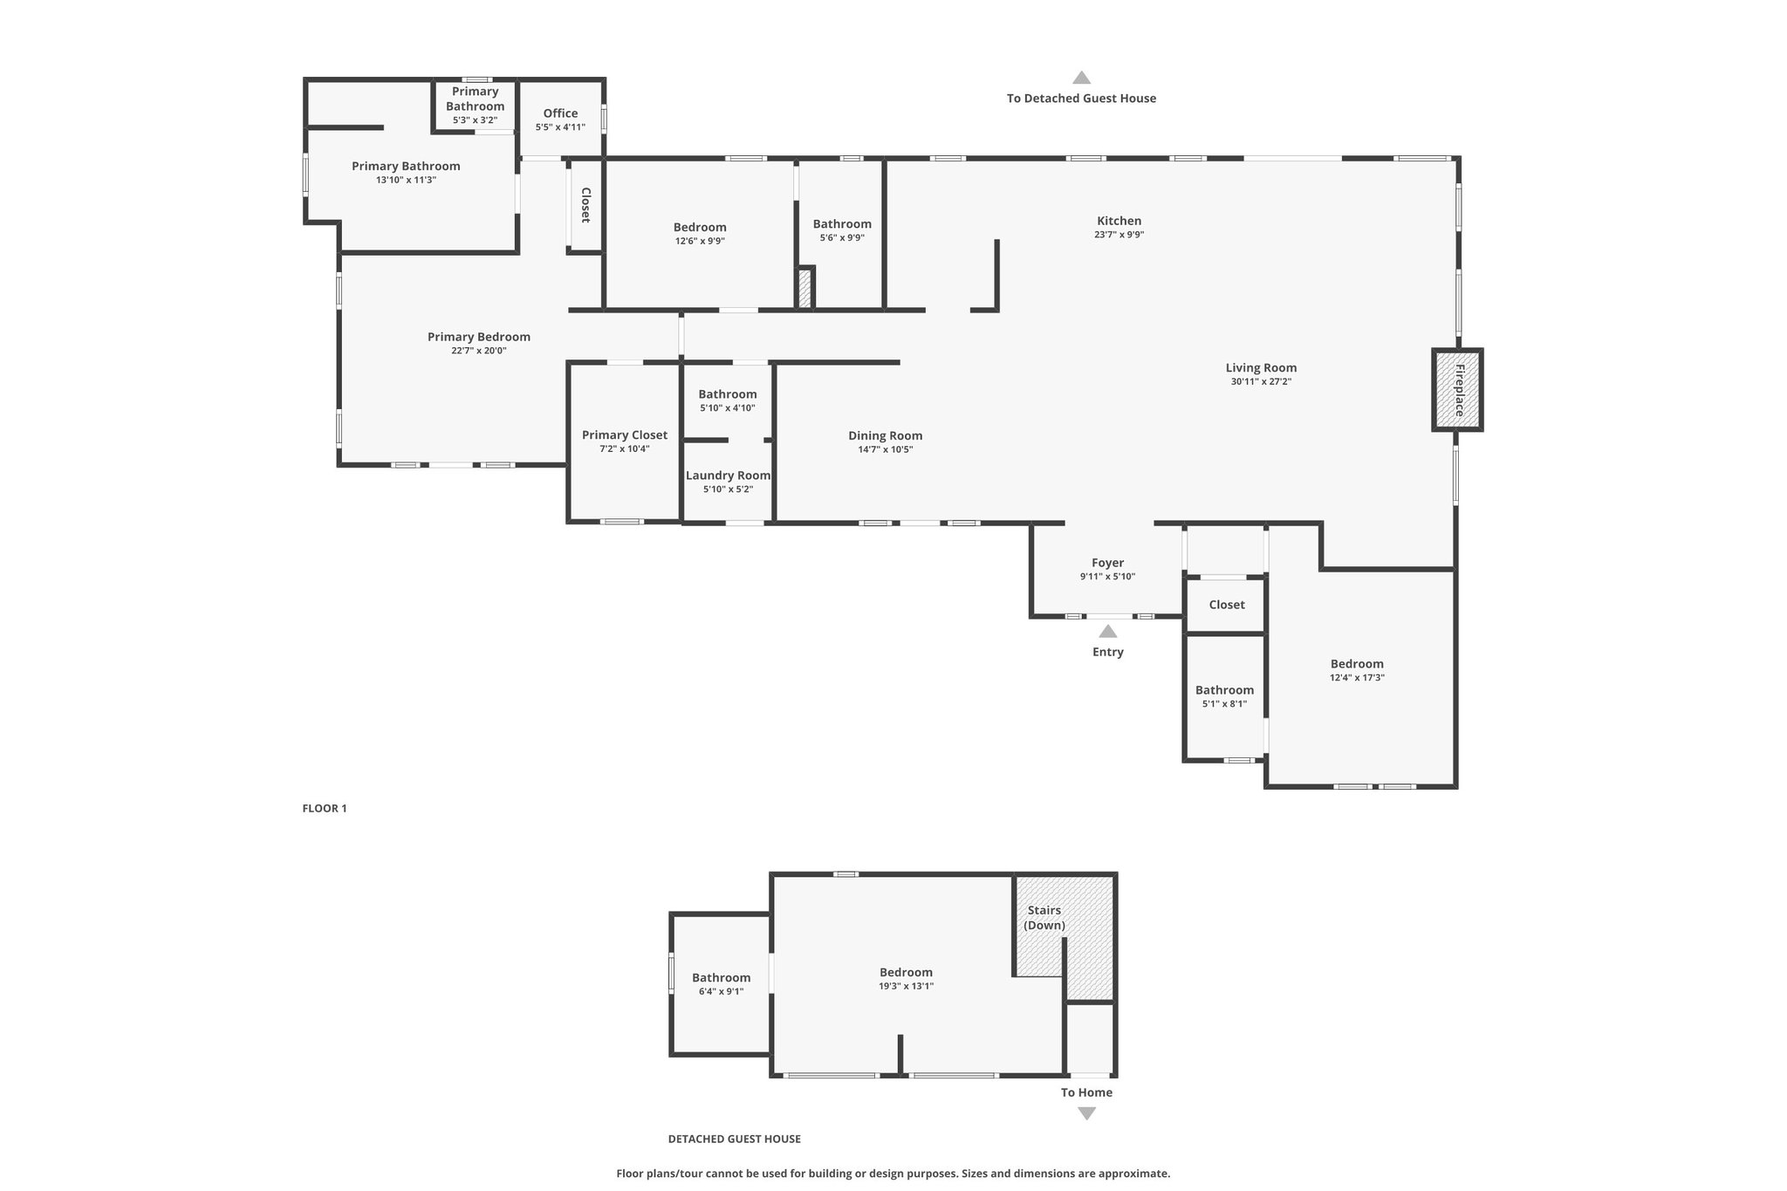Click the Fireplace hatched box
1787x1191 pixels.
pyautogui.click(x=1457, y=389)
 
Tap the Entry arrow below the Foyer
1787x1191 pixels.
pyautogui.click(x=1107, y=632)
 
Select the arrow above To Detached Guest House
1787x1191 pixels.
pyautogui.click(x=1082, y=78)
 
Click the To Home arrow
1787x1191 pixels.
pyautogui.click(x=1086, y=1113)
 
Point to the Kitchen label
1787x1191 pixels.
pyautogui.click(x=1119, y=221)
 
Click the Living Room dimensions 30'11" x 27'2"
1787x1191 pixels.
pyautogui.click(x=1261, y=381)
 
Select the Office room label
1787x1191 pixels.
pyautogui.click(x=560, y=113)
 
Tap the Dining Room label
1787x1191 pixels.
pyautogui.click(x=886, y=435)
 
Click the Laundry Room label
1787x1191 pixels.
pyautogui.click(x=728, y=476)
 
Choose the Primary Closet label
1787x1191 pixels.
pyautogui.click(x=625, y=435)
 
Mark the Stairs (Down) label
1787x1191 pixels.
pyautogui.click(x=1044, y=917)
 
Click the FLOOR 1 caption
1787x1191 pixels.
pyautogui.click(x=325, y=808)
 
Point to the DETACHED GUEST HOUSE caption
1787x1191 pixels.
pyautogui.click(x=735, y=1139)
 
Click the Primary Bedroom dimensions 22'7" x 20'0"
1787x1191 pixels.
pyautogui.click(x=479, y=351)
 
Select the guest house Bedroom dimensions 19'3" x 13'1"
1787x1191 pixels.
pyautogui.click(x=906, y=986)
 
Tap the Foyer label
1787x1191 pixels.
pyautogui.click(x=1108, y=563)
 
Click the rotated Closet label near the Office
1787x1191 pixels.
pyautogui.click(x=585, y=205)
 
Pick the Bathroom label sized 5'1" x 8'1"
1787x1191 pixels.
pyautogui.click(x=1224, y=690)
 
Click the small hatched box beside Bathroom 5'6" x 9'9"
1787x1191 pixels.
pyautogui.click(x=804, y=288)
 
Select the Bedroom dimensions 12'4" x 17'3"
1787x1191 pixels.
pyautogui.click(x=1357, y=677)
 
